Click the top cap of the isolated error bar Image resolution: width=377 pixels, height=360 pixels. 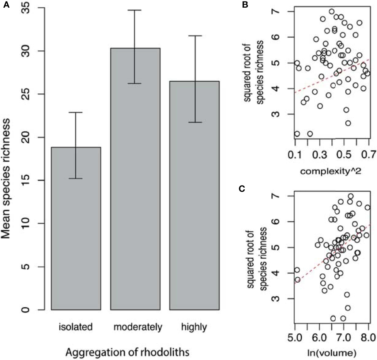[x=76, y=112]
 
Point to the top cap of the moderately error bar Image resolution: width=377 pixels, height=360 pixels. [x=135, y=10]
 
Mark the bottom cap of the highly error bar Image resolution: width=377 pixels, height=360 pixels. [x=194, y=122]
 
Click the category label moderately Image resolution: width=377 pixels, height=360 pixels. [x=138, y=327]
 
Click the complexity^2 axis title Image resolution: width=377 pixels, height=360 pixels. [x=331, y=171]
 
